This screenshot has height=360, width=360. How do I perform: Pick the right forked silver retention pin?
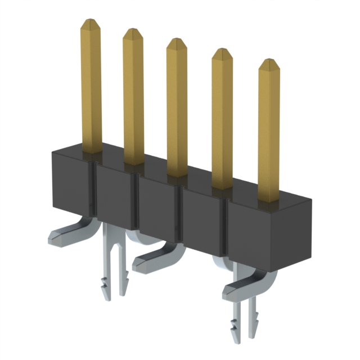(x=246, y=321)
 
